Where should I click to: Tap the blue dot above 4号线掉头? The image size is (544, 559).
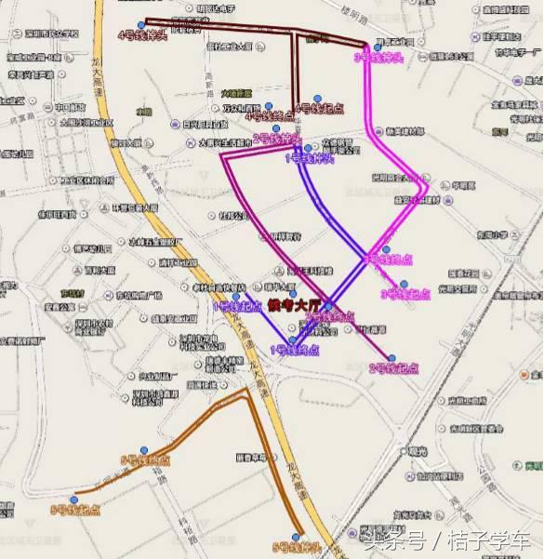point(140,25)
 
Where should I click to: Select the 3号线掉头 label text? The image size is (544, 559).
point(378,58)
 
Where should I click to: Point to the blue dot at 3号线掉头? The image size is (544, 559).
point(378,47)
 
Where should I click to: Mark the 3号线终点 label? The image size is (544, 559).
point(389,260)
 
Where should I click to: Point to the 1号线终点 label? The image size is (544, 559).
point(295,350)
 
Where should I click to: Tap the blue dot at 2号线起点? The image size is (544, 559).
point(391,358)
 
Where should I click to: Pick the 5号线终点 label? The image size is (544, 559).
point(146,460)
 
